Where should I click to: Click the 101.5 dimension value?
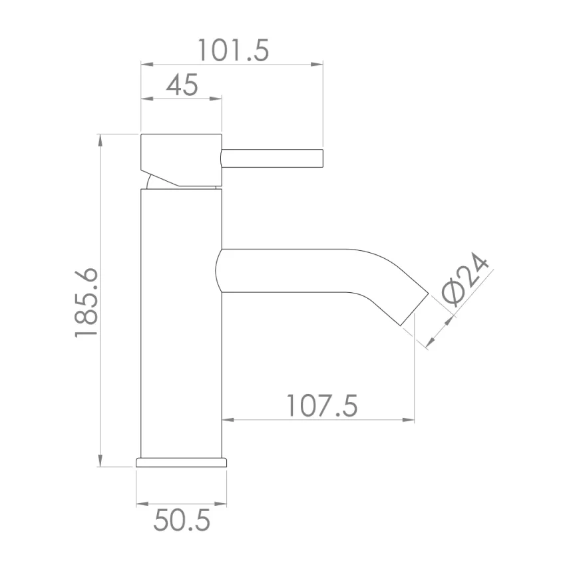tap(233, 50)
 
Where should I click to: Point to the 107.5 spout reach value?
tap(321, 405)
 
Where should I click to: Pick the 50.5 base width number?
tap(181, 520)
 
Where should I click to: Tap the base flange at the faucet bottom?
tap(181, 462)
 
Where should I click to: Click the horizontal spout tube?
tap(299, 271)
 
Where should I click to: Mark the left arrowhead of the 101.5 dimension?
tap(146, 65)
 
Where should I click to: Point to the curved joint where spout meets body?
tap(220, 271)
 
